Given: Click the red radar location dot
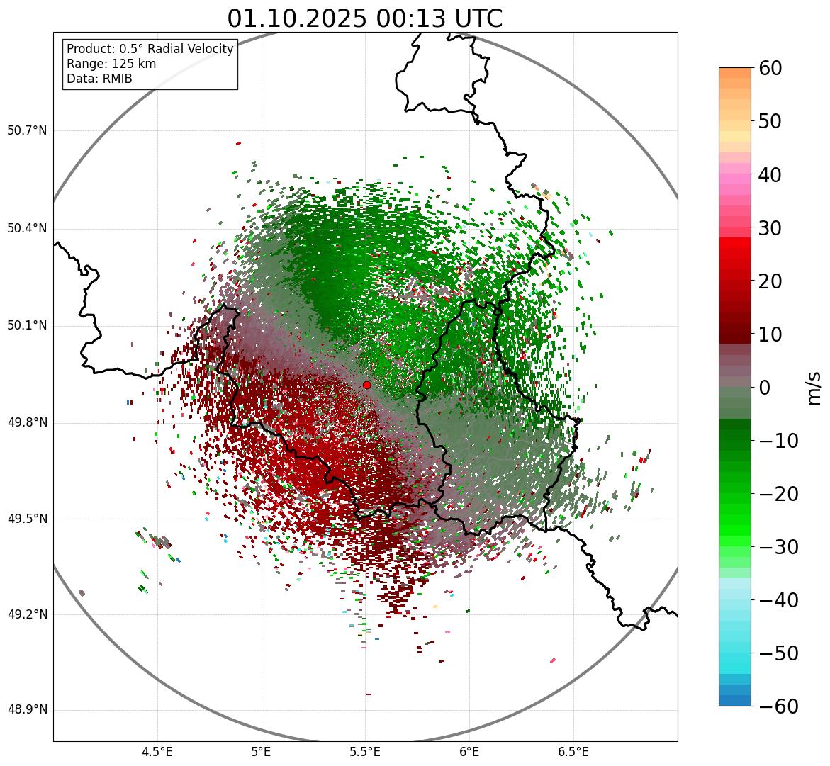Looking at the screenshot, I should pyautogui.click(x=366, y=385).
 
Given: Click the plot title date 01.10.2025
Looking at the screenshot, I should pyautogui.click(x=298, y=18).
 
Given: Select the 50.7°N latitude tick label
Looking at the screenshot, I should pyautogui.click(x=27, y=131).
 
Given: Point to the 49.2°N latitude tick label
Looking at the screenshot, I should pyautogui.click(x=27, y=614).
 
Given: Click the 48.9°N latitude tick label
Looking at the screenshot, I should pyautogui.click(x=27, y=710).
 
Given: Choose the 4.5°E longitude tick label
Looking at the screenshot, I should pyautogui.click(x=157, y=752).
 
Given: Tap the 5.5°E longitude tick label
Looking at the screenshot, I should pyautogui.click(x=365, y=752).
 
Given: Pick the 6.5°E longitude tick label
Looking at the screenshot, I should pyautogui.click(x=573, y=752).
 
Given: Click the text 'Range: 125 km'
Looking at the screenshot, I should pyautogui.click(x=111, y=64).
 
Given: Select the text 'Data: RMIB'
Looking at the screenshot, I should pyautogui.click(x=99, y=79).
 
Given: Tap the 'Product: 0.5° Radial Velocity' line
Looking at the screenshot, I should pyautogui.click(x=150, y=49).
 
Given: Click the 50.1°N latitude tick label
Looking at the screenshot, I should pyautogui.click(x=27, y=326).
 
